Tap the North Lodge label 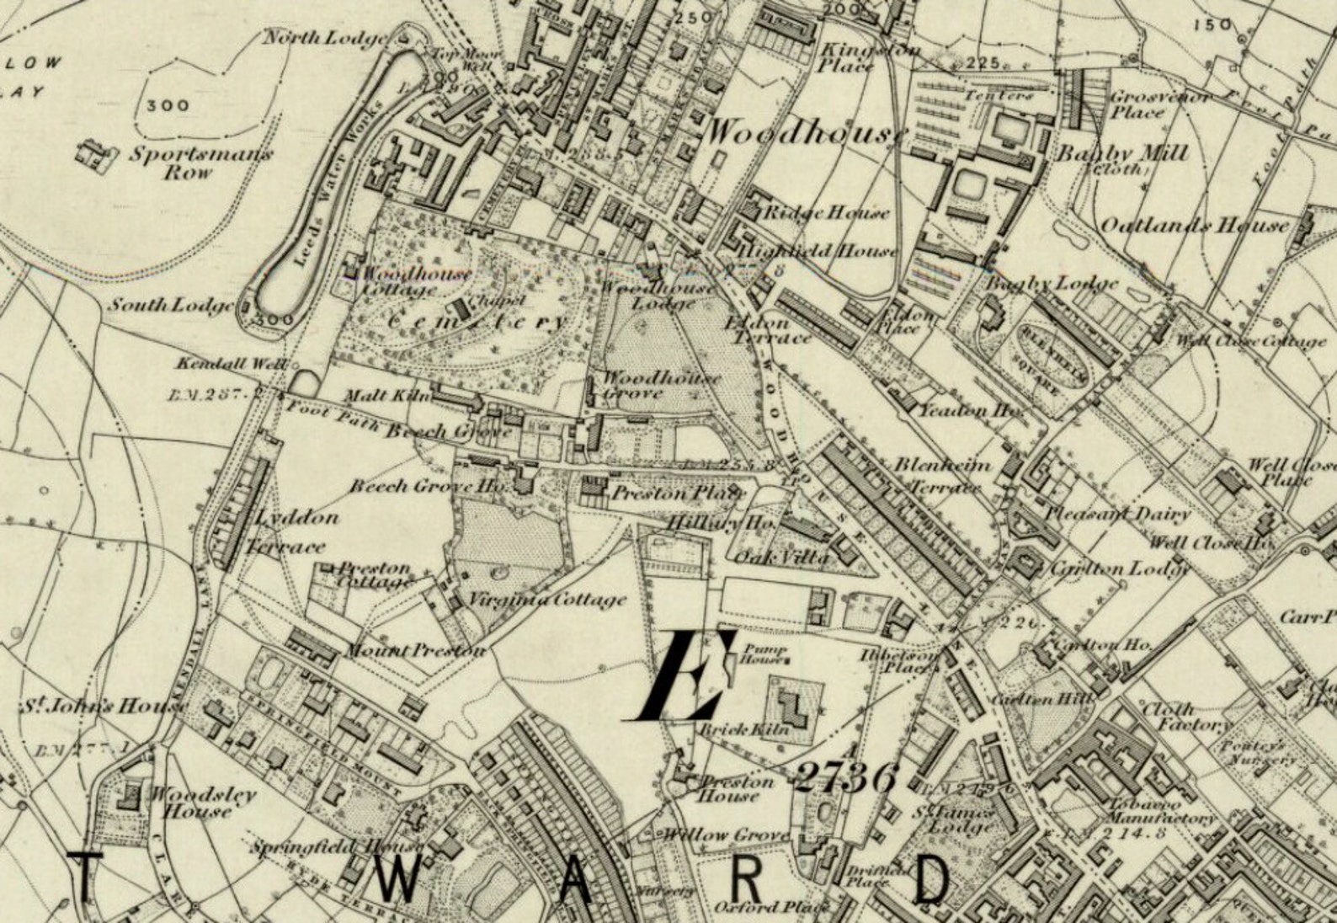tap(326, 38)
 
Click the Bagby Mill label tap(1121, 154)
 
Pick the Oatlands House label tap(1194, 225)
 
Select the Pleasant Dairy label tap(1117, 514)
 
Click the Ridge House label tap(824, 213)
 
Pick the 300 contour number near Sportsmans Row tap(168, 105)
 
